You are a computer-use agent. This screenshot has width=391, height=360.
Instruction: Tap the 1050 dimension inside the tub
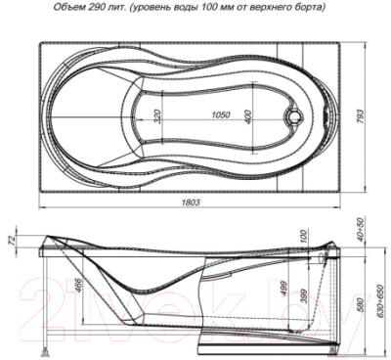(x=221, y=114)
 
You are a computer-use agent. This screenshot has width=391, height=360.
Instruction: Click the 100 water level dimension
(x=305, y=240)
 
